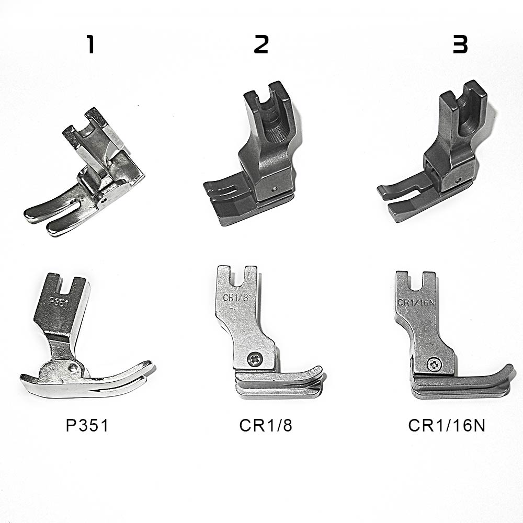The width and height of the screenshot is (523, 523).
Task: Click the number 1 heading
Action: (x=90, y=44)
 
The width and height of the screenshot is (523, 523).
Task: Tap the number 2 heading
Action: (x=261, y=44)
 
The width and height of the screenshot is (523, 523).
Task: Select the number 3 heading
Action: (x=460, y=44)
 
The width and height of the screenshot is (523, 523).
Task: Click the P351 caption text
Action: (x=87, y=425)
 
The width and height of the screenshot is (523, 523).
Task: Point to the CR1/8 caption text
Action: (x=266, y=425)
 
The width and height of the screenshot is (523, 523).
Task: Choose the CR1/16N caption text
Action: (x=447, y=425)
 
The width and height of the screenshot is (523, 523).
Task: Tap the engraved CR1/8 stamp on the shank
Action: (x=236, y=298)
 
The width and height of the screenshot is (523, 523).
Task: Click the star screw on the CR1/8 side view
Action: (x=255, y=359)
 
